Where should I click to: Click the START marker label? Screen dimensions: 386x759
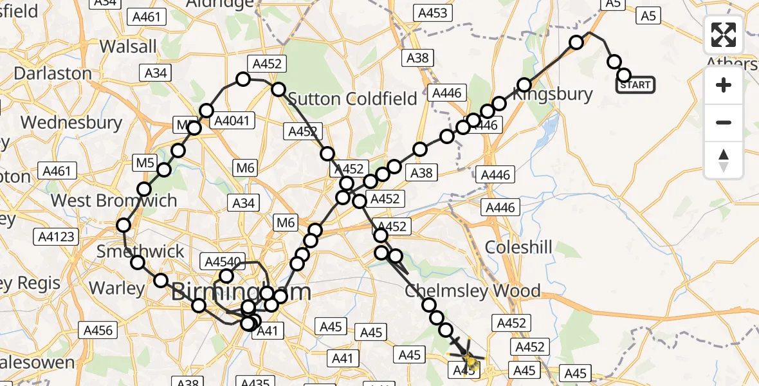(636, 85)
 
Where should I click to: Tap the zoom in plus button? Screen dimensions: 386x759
(724, 86)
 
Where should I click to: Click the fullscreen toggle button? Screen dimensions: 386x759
(724, 35)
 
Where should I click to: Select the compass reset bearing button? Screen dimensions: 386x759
(724, 160)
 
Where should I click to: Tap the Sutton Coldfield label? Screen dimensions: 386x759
(352, 98)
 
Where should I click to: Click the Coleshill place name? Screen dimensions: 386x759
(518, 247)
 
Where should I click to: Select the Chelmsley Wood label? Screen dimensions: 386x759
(473, 291)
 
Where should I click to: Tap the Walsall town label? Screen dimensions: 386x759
(129, 46)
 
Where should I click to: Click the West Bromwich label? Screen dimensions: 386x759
(114, 200)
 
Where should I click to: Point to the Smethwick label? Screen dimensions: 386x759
(140, 251)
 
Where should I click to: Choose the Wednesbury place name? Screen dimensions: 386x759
(71, 122)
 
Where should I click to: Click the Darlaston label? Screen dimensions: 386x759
(53, 73)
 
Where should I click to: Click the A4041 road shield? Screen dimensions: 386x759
(234, 120)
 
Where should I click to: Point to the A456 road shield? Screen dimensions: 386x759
(98, 331)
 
